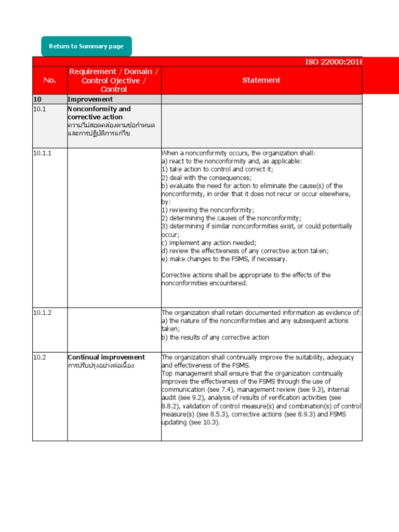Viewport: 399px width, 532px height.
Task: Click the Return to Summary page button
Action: pyautogui.click(x=86, y=46)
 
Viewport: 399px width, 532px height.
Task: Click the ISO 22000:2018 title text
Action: pyautogui.click(x=333, y=62)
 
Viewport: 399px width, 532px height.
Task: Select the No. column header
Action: pyautogui.click(x=49, y=81)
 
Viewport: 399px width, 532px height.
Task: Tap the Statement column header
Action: pyautogui.click(x=261, y=80)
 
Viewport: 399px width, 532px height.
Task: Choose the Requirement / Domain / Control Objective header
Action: pyautogui.click(x=114, y=80)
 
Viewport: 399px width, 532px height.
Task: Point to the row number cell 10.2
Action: pyautogui.click(x=40, y=357)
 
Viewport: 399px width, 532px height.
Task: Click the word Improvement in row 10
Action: pyautogui.click(x=90, y=99)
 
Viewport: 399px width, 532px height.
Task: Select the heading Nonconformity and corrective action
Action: pyautogui.click(x=99, y=113)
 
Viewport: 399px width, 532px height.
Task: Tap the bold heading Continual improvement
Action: pyautogui.click(x=107, y=357)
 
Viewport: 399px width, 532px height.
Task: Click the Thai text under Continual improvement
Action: pyautogui.click(x=101, y=365)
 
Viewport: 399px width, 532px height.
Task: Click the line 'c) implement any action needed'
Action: pyautogui.click(x=209, y=243)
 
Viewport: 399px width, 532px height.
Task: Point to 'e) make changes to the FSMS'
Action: pyautogui.click(x=224, y=259)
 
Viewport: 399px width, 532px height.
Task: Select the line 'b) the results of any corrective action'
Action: pyautogui.click(x=215, y=337)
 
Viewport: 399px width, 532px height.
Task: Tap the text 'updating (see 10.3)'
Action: pyautogui.click(x=191, y=422)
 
